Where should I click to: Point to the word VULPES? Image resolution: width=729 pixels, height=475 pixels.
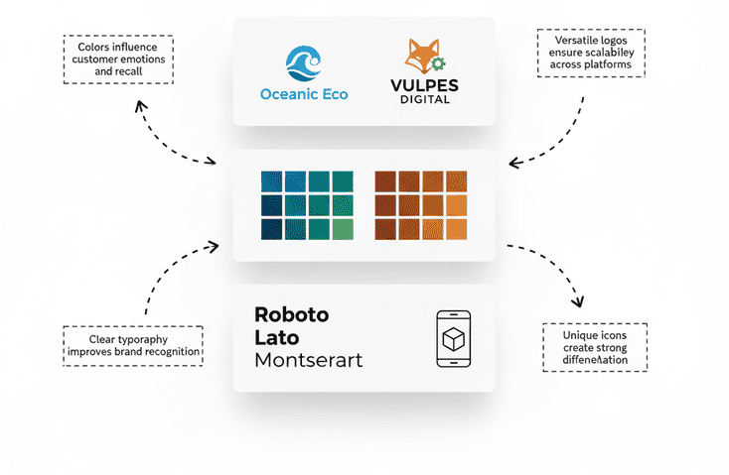point(419,86)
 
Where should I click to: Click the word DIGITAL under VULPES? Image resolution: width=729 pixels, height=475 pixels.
point(419,99)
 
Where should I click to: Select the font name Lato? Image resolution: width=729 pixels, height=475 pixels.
point(278,336)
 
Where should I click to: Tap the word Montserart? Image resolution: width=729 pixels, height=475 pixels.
point(308,359)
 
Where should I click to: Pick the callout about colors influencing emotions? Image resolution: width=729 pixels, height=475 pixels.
point(117,58)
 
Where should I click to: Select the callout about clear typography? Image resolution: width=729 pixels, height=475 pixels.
point(132,345)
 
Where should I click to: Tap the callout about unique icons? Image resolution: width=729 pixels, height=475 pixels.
point(595,347)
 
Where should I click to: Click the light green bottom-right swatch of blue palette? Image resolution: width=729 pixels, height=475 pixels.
point(342,228)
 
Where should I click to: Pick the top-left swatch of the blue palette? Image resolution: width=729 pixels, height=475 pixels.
point(271,181)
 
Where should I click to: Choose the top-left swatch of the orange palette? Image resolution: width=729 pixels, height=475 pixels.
point(385,181)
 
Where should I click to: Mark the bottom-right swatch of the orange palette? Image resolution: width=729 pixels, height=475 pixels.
point(456,228)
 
